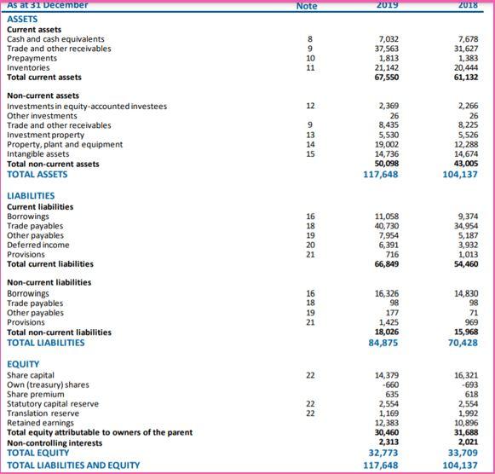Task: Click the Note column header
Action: [307, 5]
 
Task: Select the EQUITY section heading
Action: [24, 364]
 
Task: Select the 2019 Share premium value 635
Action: [391, 394]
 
